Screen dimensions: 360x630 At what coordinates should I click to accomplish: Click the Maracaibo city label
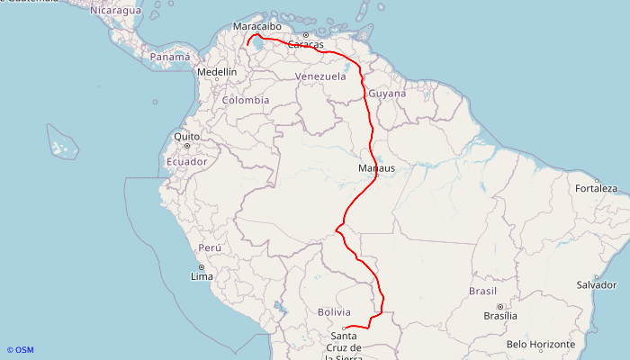257,27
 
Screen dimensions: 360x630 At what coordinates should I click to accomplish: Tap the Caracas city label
306,44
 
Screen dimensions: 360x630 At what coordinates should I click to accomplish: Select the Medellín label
217,71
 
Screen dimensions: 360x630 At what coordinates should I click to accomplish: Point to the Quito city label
187,137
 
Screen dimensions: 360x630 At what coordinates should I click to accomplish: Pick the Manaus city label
376,168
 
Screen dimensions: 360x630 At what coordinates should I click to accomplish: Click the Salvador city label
598,284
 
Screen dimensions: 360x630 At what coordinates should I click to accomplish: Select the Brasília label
500,316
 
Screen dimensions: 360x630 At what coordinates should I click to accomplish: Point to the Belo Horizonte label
540,344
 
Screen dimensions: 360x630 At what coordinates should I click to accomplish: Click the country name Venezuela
320,76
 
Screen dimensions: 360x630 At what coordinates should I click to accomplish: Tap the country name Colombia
246,100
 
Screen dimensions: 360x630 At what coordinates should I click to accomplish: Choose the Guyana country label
388,94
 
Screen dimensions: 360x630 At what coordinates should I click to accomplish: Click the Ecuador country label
186,161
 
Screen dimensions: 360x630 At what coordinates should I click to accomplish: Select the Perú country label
210,247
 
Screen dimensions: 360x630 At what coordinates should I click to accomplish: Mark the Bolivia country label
334,311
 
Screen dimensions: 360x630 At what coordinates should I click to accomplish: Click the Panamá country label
170,57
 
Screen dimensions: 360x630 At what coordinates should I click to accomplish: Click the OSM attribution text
20,350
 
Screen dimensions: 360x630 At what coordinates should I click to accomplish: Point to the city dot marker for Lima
201,267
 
